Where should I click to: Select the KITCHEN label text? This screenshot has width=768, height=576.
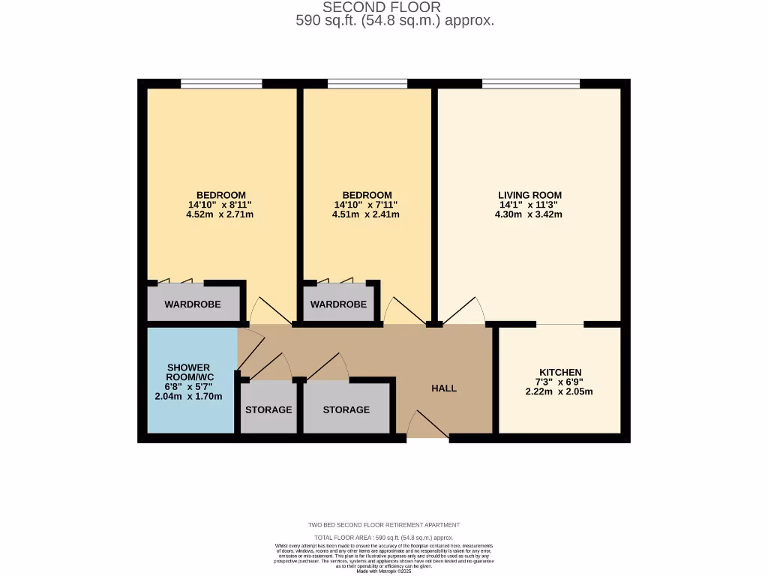560,372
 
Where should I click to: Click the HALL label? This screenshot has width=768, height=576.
444,388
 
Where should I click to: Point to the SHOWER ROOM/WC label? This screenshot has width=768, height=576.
188,373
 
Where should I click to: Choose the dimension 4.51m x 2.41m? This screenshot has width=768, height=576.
366,214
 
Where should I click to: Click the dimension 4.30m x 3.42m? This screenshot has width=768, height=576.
529,214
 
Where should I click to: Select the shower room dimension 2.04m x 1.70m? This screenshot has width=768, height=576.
188,397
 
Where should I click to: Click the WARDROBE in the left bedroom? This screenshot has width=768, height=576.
193,304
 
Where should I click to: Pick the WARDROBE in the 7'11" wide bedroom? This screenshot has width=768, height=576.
338,304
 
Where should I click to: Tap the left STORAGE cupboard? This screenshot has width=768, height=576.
268,409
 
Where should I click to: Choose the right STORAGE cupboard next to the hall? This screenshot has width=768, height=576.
346,409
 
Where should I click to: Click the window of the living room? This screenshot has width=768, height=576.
530,83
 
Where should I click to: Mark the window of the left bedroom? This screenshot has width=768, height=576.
221,83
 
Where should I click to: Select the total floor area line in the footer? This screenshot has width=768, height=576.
384,538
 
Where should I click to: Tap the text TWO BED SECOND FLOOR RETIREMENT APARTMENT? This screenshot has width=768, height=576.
384,525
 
